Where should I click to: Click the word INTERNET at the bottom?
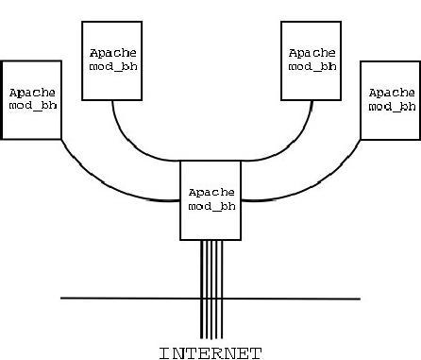coord(210,353)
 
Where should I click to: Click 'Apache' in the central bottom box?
coord(211,193)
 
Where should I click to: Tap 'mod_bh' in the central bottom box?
coord(211,206)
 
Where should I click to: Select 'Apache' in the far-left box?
coord(32,93)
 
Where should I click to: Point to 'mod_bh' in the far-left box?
coord(33,105)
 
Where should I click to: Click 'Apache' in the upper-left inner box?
coord(113,53)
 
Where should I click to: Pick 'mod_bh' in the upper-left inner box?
coord(113,66)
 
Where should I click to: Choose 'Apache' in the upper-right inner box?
coord(312,53)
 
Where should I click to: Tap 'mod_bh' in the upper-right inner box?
coord(312,66)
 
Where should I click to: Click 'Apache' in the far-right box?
coord(392,93)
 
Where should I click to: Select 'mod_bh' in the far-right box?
coord(392,107)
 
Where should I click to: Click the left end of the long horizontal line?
coord(60,298)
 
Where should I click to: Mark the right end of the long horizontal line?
coord(361,299)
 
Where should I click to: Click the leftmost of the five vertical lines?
coord(201,289)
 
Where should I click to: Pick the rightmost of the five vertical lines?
coord(222,289)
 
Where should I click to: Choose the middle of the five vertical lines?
coord(211,289)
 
